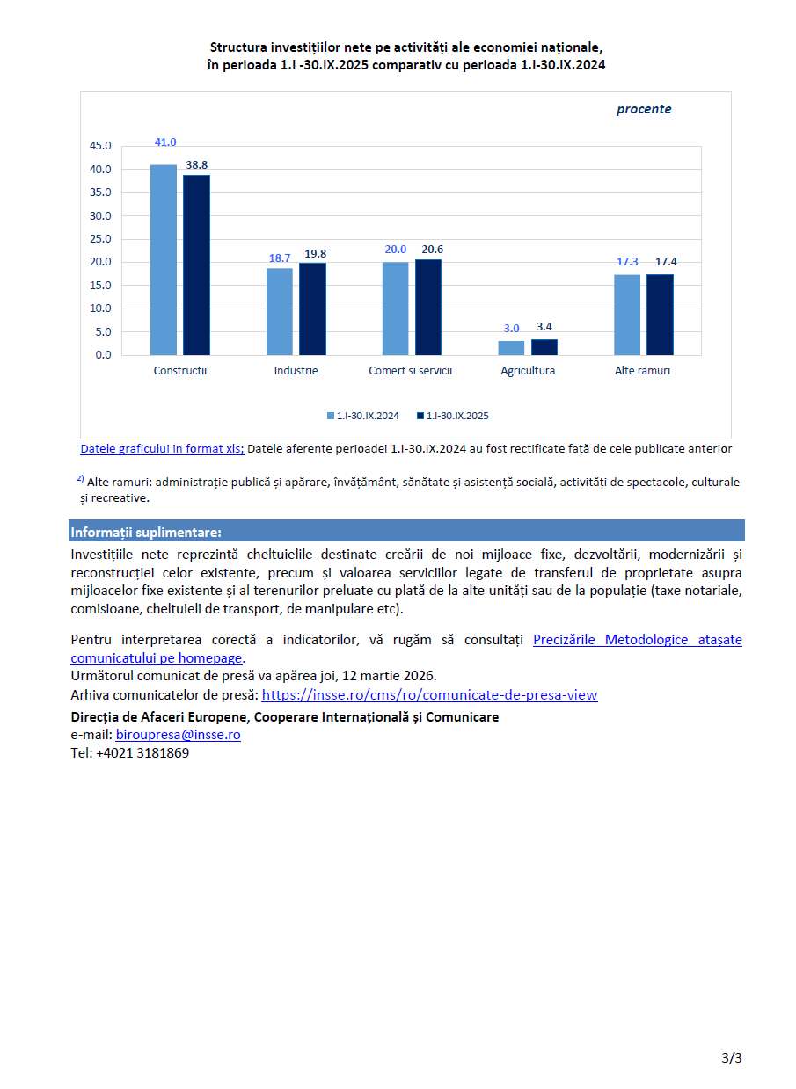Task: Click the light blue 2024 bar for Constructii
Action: click(164, 260)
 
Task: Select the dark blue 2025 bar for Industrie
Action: click(312, 309)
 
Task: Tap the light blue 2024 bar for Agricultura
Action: click(511, 348)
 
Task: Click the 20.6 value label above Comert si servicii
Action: click(428, 250)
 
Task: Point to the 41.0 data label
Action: click(165, 142)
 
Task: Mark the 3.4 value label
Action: click(544, 327)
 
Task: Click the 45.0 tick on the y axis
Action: click(101, 146)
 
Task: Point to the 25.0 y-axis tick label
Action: click(101, 239)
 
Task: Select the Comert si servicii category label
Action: click(410, 371)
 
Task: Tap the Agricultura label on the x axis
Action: click(528, 371)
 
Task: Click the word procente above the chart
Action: click(643, 110)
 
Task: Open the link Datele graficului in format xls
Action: click(162, 448)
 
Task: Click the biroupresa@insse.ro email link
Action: click(178, 735)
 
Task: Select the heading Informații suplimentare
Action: click(146, 533)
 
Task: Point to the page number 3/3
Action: click(731, 1058)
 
